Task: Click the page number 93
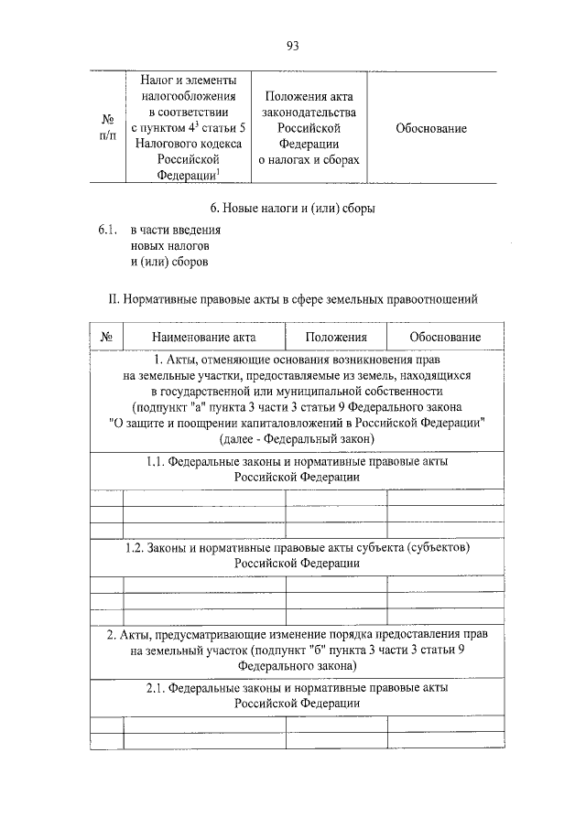tap(293, 45)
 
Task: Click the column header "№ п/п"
tap(107, 128)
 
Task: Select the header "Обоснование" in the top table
tap(431, 128)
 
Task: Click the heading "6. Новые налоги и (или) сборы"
tap(292, 208)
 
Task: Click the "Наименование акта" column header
tap(204, 338)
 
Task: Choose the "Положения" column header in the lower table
tap(336, 338)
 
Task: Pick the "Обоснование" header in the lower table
tap(445, 338)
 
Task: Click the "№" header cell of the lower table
tap(106, 338)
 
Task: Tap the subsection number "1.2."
tap(136, 547)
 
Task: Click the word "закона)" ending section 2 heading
tap(335, 666)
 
